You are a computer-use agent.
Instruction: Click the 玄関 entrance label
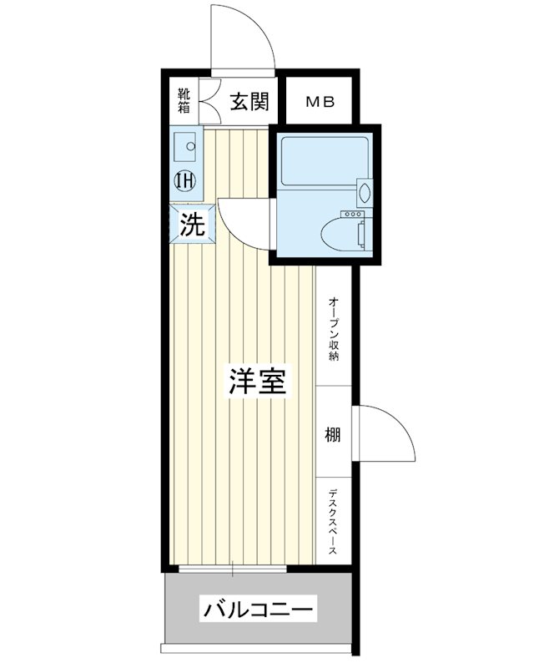click(249, 103)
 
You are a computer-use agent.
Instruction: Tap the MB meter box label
click(319, 103)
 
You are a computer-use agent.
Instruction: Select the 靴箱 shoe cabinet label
click(184, 101)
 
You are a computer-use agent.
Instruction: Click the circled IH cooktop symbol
click(184, 179)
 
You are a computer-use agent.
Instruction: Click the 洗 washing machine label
click(193, 225)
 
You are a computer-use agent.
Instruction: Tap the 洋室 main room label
click(259, 382)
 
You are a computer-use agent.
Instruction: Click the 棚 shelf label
click(333, 434)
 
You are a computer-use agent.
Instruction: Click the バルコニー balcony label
click(259, 610)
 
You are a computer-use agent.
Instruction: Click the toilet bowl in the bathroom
click(343, 235)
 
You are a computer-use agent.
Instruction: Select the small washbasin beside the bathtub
click(364, 192)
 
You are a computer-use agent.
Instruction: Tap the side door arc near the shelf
click(388, 430)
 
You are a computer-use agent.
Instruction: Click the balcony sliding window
click(232, 569)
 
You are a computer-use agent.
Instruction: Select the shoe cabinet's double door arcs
click(209, 102)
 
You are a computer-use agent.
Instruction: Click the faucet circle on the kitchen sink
click(191, 146)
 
